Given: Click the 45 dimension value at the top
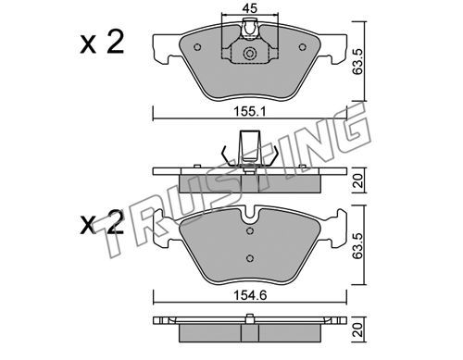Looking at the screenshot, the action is pyautogui.click(x=250, y=8).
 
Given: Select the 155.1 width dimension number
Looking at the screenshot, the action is pyautogui.click(x=249, y=111).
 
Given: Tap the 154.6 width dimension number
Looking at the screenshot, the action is pyautogui.click(x=250, y=295).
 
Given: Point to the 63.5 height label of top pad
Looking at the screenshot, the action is pyautogui.click(x=357, y=62).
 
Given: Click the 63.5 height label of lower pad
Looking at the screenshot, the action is pyautogui.click(x=357, y=246).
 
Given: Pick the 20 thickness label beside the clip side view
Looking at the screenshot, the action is pyautogui.click(x=358, y=180).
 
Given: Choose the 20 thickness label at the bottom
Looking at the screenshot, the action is pyautogui.click(x=358, y=329).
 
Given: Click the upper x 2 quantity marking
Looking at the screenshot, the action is pyautogui.click(x=102, y=43).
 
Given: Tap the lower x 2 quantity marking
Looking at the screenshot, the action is pyautogui.click(x=102, y=223).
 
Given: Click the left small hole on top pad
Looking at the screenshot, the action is pyautogui.click(x=197, y=47).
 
